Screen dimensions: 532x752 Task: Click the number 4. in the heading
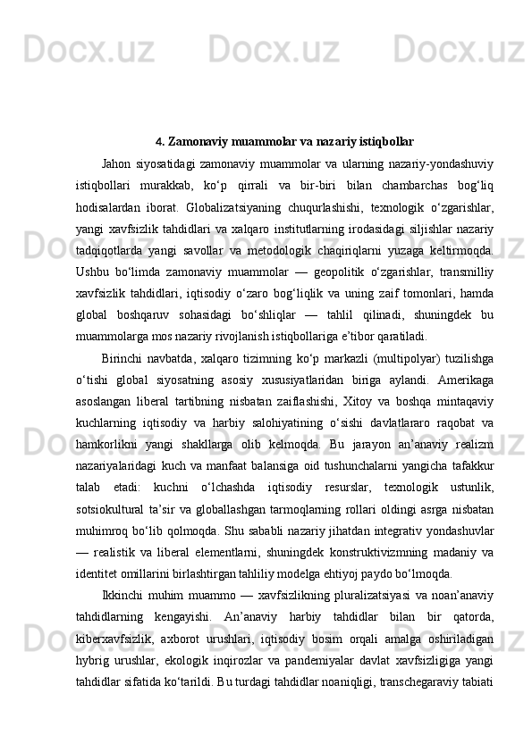click(x=160, y=141)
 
